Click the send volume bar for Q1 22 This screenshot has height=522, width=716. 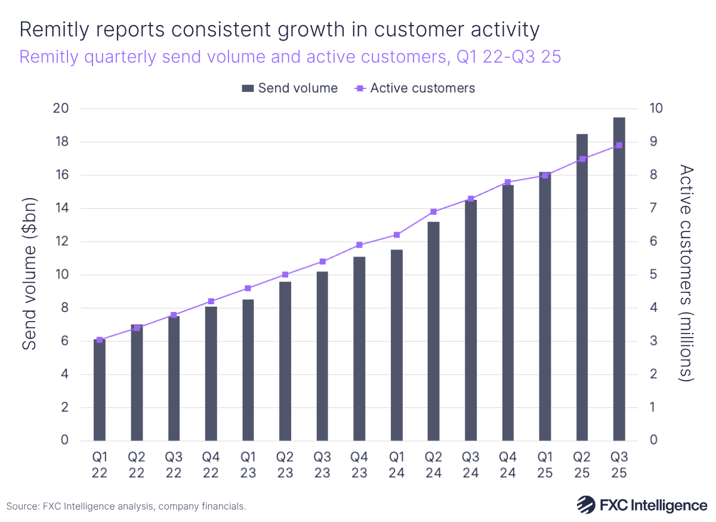pyautogui.click(x=100, y=390)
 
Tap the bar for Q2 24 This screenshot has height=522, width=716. pyautogui.click(x=434, y=331)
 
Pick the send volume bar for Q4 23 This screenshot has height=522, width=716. pyautogui.click(x=359, y=349)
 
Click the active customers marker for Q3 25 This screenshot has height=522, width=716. pyautogui.click(x=619, y=145)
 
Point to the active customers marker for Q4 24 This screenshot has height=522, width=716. pyautogui.click(x=508, y=182)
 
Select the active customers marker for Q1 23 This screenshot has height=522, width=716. pyautogui.click(x=248, y=288)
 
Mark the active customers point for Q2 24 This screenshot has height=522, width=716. pyautogui.click(x=434, y=212)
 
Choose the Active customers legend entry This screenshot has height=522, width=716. pyautogui.click(x=415, y=88)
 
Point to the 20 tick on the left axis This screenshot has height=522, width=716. pyautogui.click(x=61, y=109)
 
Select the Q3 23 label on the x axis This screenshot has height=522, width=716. pyautogui.click(x=322, y=465)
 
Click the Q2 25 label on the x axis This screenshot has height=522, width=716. pyautogui.click(x=582, y=465)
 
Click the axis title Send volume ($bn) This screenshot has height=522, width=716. pyautogui.click(x=30, y=275)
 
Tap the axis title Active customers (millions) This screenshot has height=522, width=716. pyautogui.click(x=687, y=274)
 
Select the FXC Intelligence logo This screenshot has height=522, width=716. pyautogui.click(x=641, y=505)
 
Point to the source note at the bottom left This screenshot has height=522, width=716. pyautogui.click(x=126, y=506)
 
